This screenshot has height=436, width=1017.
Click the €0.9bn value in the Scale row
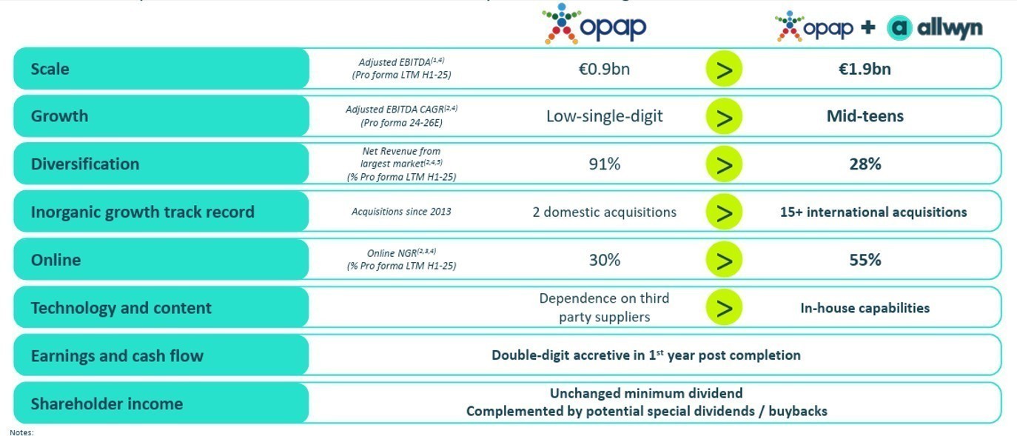[x=604, y=70]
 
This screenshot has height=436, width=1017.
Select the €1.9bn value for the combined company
[x=865, y=70]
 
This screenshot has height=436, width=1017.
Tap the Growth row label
[x=59, y=116]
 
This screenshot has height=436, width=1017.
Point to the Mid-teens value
[x=865, y=116]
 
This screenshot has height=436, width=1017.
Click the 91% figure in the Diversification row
[x=604, y=164]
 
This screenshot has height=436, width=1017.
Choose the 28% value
[x=865, y=164]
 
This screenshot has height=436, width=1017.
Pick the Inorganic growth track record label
[x=142, y=212]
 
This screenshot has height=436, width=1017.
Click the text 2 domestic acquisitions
[x=604, y=212]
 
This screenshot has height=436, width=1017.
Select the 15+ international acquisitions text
[x=873, y=212]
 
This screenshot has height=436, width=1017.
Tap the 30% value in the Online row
[x=604, y=261]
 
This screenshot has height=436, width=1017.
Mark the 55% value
[x=865, y=261]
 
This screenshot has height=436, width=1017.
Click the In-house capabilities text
[x=865, y=308]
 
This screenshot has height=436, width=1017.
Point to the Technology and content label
[x=121, y=308]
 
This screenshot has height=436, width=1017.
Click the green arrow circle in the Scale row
[x=724, y=70]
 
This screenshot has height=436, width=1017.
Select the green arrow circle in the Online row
[x=724, y=261]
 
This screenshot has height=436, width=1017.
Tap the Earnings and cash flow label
[x=117, y=356]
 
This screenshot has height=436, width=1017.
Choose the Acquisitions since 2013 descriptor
[x=401, y=212]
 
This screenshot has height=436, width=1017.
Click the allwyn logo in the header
[x=935, y=28]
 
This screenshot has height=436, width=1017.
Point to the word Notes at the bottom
[x=21, y=432]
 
